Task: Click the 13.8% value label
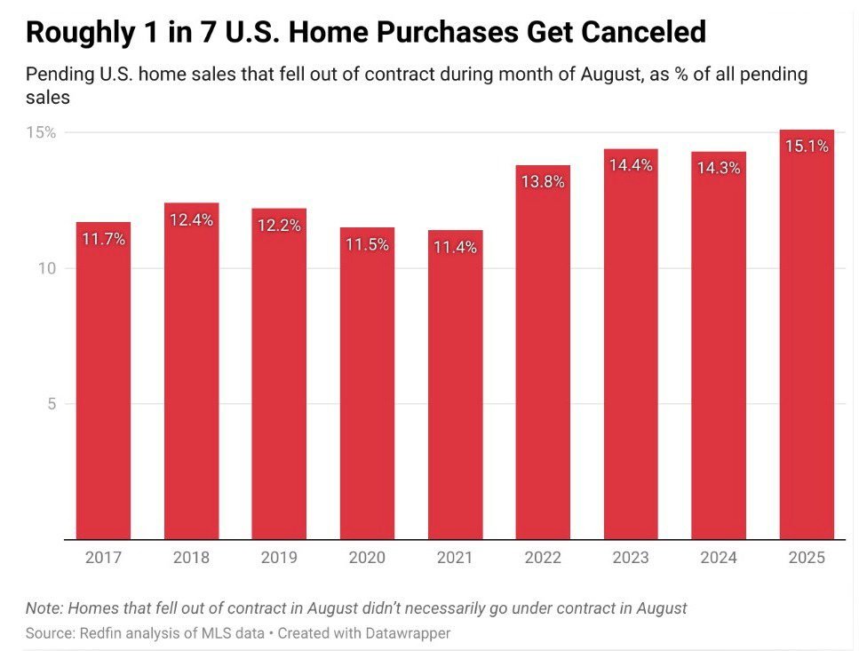(543, 181)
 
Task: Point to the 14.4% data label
(631, 165)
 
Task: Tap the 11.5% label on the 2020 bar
(367, 244)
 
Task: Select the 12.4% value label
(191, 219)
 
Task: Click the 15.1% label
(807, 146)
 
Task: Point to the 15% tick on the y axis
(41, 132)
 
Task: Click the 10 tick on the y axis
(47, 268)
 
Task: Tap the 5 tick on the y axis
(52, 403)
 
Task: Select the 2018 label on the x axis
(191, 558)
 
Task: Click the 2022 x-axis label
(543, 558)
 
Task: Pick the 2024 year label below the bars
(719, 558)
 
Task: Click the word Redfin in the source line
(98, 633)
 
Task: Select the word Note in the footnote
(42, 608)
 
